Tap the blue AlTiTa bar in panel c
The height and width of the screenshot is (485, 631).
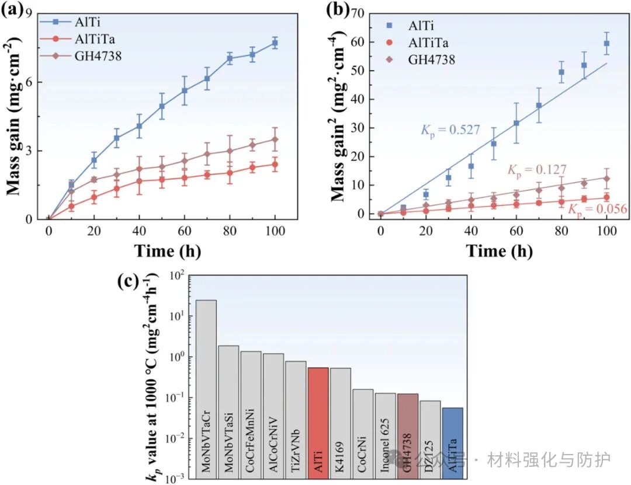[452, 442]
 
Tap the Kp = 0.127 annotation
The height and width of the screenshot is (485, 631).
[537, 170]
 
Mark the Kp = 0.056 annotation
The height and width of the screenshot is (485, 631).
[585, 209]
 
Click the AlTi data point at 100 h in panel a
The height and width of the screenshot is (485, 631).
[275, 43]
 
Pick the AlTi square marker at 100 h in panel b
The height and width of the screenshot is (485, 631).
[606, 43]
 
